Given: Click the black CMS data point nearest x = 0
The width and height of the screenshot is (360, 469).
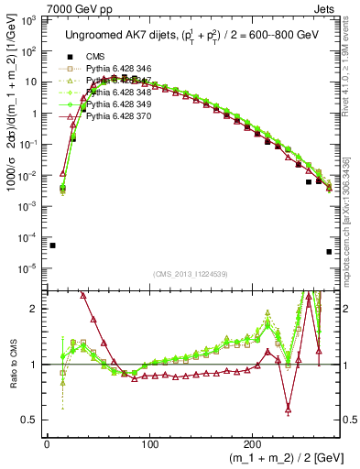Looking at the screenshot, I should click(52, 245).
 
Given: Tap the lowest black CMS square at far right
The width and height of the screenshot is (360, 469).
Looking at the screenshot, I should click(329, 252).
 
